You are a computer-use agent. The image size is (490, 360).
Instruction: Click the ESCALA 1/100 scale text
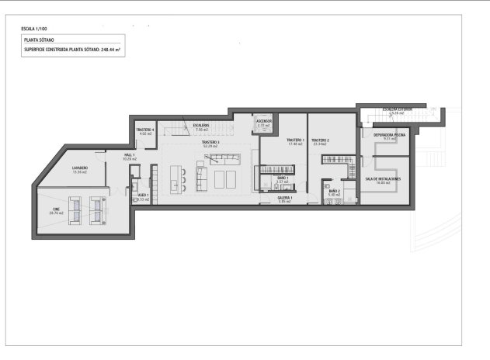coord(34,29)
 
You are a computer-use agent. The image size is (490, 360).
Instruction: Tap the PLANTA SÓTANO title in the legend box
coord(40,37)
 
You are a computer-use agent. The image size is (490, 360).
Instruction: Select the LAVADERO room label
coord(79,168)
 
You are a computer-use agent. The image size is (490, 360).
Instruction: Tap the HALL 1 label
coord(129,155)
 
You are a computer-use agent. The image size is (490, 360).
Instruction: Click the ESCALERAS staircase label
coord(202,126)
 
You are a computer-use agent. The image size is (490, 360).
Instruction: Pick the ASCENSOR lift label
coord(263,121)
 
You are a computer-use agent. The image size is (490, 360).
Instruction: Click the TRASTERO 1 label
coord(294,140)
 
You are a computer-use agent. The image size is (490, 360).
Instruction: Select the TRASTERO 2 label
coord(321,140)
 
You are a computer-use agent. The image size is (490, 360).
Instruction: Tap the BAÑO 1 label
coord(283,178)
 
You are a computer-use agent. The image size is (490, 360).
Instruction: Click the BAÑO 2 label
coord(334,191)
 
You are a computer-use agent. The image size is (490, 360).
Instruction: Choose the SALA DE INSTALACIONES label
coord(383,178)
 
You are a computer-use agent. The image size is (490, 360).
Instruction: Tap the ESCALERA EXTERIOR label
coord(398,109)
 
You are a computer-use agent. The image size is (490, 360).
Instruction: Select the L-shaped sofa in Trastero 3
coord(224,159)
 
